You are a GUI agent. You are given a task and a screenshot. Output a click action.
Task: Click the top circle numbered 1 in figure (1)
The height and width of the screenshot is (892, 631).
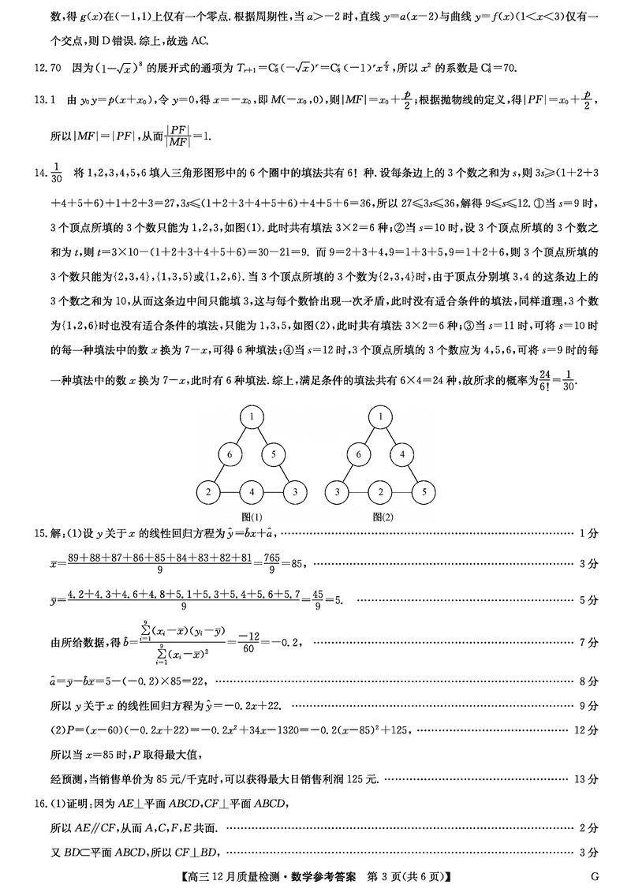pyautogui.click(x=251, y=416)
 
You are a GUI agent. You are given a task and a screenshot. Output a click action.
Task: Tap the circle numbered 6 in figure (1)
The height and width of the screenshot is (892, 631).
pyautogui.click(x=230, y=454)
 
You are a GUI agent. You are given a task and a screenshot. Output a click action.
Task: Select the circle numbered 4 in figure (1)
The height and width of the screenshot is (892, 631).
pyautogui.click(x=251, y=492)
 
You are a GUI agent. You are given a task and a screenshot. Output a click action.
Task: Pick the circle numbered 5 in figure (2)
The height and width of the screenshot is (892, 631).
pyautogui.click(x=424, y=492)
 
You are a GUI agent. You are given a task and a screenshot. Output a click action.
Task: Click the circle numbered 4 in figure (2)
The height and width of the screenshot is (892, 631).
pyautogui.click(x=402, y=454)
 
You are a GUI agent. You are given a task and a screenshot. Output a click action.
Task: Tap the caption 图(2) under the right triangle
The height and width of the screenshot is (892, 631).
pyautogui.click(x=382, y=517)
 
